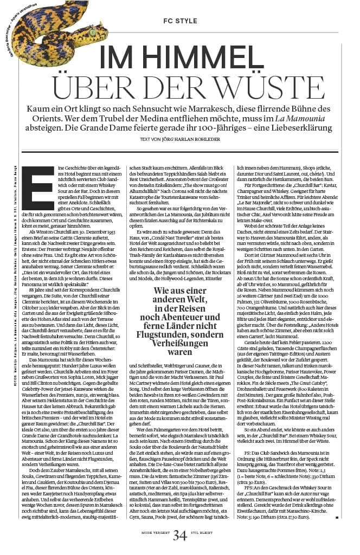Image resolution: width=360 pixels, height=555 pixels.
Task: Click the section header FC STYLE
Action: tap(179, 21)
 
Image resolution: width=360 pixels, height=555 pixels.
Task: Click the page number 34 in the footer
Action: tap(181, 536)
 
